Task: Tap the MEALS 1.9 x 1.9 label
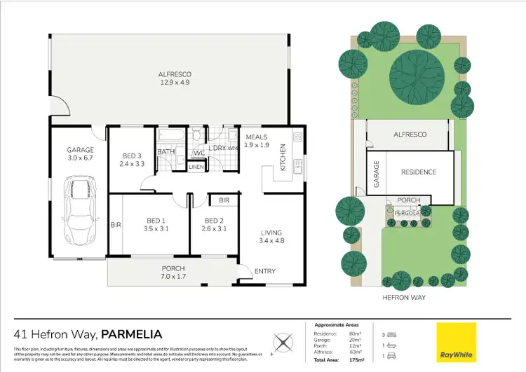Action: coord(256,141)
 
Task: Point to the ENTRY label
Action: coord(265,271)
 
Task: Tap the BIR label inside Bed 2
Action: coord(224,200)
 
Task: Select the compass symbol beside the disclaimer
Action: coord(282,343)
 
